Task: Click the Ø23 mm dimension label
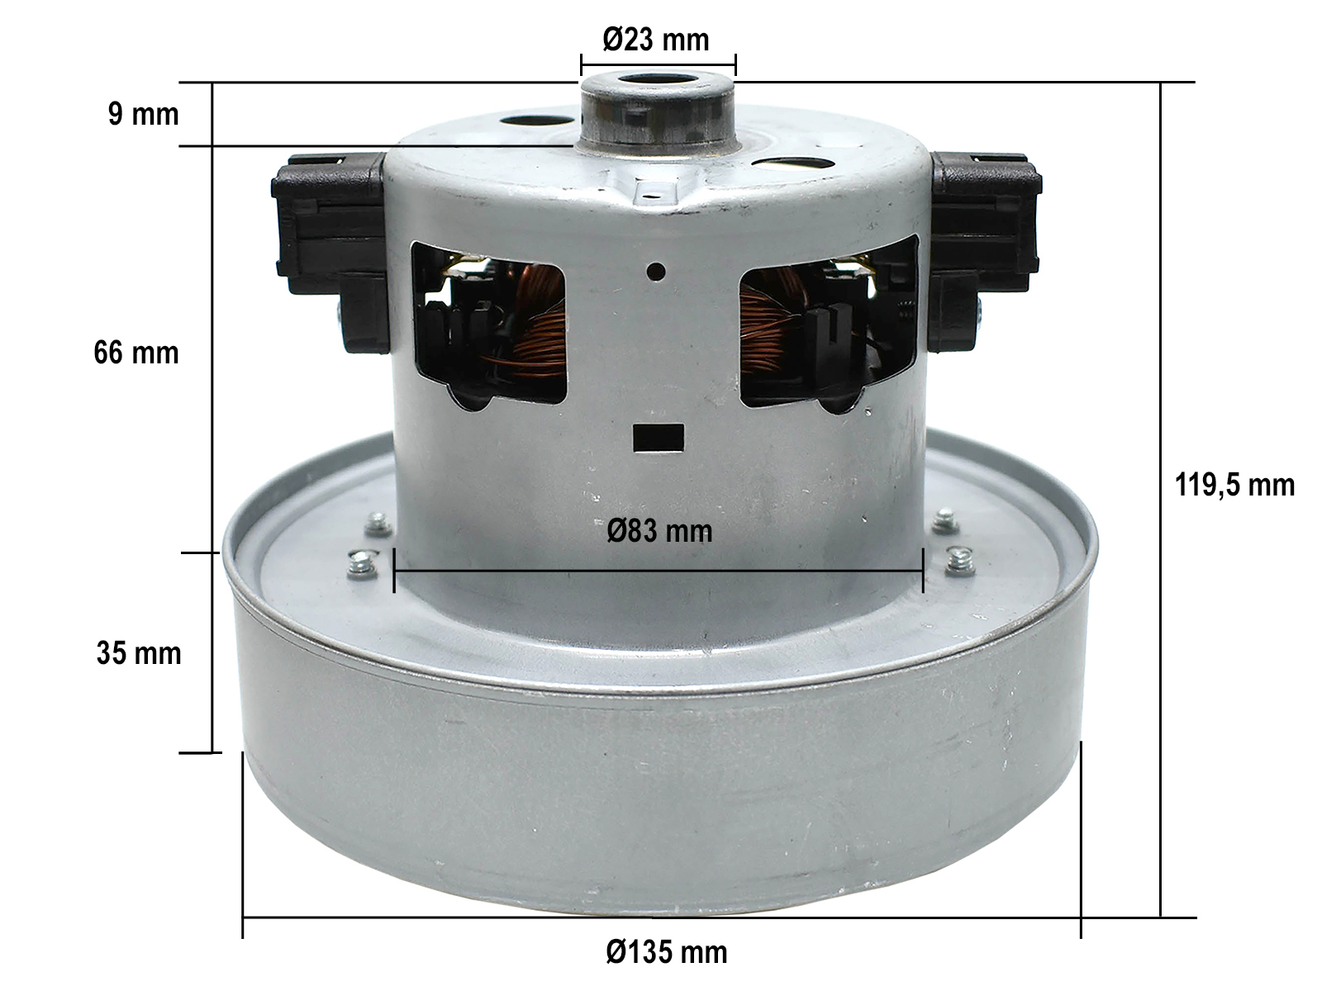click(x=656, y=40)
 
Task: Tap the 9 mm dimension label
click(x=143, y=114)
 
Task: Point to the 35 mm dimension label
click(x=139, y=653)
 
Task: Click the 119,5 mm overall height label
click(x=1234, y=485)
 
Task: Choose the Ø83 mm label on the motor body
click(x=659, y=531)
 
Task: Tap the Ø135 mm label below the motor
click(x=667, y=952)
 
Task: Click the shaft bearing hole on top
click(x=657, y=81)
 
